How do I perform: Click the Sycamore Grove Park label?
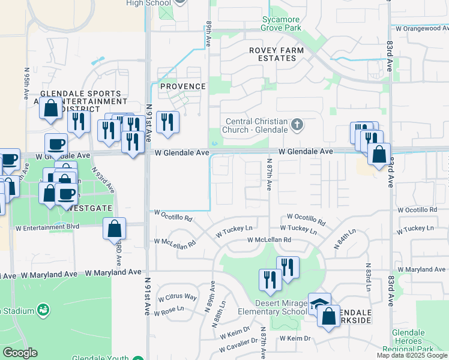pyautogui.click(x=281, y=23)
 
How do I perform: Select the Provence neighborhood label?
pyautogui.click(x=182, y=86)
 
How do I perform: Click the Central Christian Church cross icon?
pyautogui.click(x=295, y=125)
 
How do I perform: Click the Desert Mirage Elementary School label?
pyautogui.click(x=272, y=307)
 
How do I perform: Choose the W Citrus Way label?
pyautogui.click(x=177, y=298)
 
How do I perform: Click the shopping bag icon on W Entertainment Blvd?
pyautogui.click(x=114, y=229)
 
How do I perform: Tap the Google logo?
pyautogui.click(x=20, y=353)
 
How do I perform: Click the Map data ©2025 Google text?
pyautogui.click(x=411, y=355)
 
